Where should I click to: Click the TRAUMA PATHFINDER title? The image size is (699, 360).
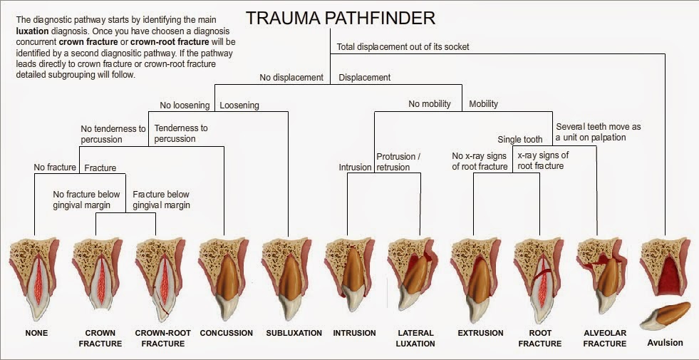(x=340, y=18)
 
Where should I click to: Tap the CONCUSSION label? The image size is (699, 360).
(x=226, y=333)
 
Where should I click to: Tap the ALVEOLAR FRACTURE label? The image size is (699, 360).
(x=604, y=338)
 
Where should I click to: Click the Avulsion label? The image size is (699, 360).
(x=665, y=343)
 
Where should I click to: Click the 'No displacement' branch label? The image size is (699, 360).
(x=291, y=78)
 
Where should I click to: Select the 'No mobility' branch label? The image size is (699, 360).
(x=429, y=104)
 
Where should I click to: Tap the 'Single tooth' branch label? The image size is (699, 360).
(x=519, y=140)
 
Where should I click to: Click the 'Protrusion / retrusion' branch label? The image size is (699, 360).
(x=398, y=162)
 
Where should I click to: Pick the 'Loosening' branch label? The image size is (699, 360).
(x=239, y=106)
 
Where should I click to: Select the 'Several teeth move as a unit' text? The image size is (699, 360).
(x=598, y=132)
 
